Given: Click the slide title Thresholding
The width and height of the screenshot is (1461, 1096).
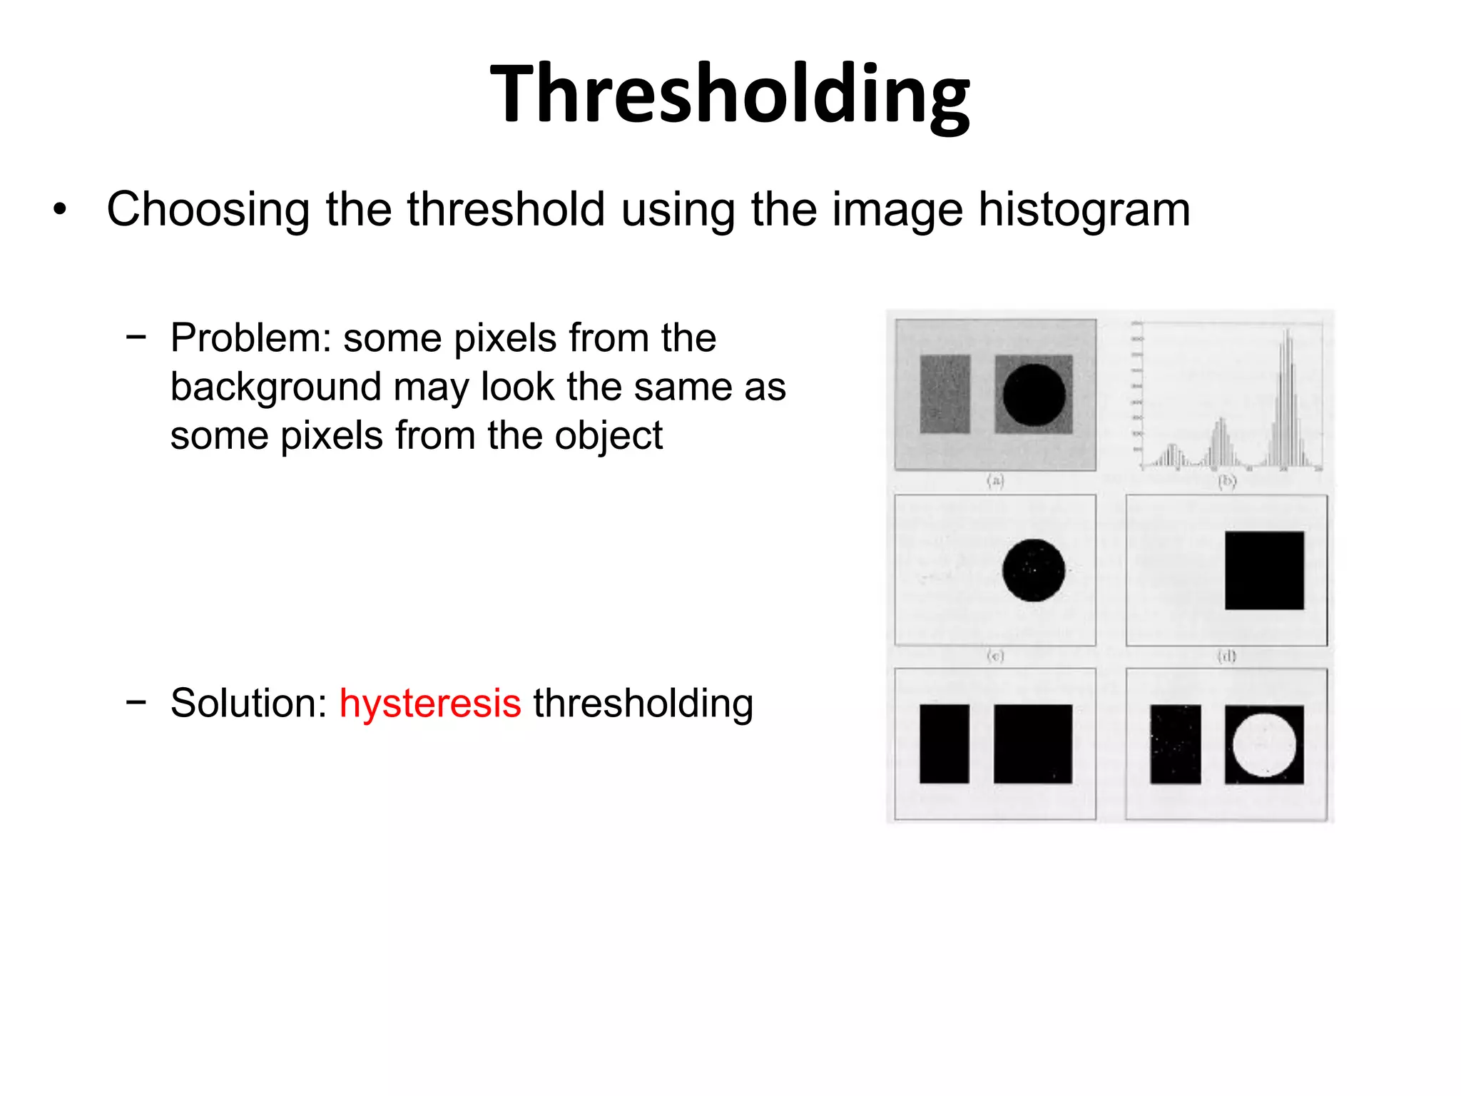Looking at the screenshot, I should click(730, 94).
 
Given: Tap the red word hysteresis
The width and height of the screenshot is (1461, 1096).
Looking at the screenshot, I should click(430, 703).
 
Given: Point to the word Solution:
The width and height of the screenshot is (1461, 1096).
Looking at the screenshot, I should click(248, 703).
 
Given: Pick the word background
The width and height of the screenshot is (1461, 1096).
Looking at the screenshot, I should click(275, 387).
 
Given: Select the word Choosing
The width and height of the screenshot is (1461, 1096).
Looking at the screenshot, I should click(208, 210).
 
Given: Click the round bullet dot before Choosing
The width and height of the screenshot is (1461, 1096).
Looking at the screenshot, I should click(60, 210).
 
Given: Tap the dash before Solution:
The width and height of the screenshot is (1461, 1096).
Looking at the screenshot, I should click(136, 701).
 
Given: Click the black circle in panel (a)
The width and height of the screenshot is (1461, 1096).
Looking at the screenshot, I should click(1034, 395).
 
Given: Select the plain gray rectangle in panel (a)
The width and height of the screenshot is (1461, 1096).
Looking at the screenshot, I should click(945, 394).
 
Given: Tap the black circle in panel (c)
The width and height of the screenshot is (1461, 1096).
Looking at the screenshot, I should click(1034, 570).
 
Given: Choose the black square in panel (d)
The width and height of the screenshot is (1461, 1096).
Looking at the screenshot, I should click(1264, 570).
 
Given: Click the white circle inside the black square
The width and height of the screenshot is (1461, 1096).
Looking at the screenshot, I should click(1264, 744).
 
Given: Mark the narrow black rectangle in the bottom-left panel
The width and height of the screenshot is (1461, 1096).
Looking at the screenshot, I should click(945, 744).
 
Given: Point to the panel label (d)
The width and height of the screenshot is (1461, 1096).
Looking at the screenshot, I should click(1226, 655).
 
